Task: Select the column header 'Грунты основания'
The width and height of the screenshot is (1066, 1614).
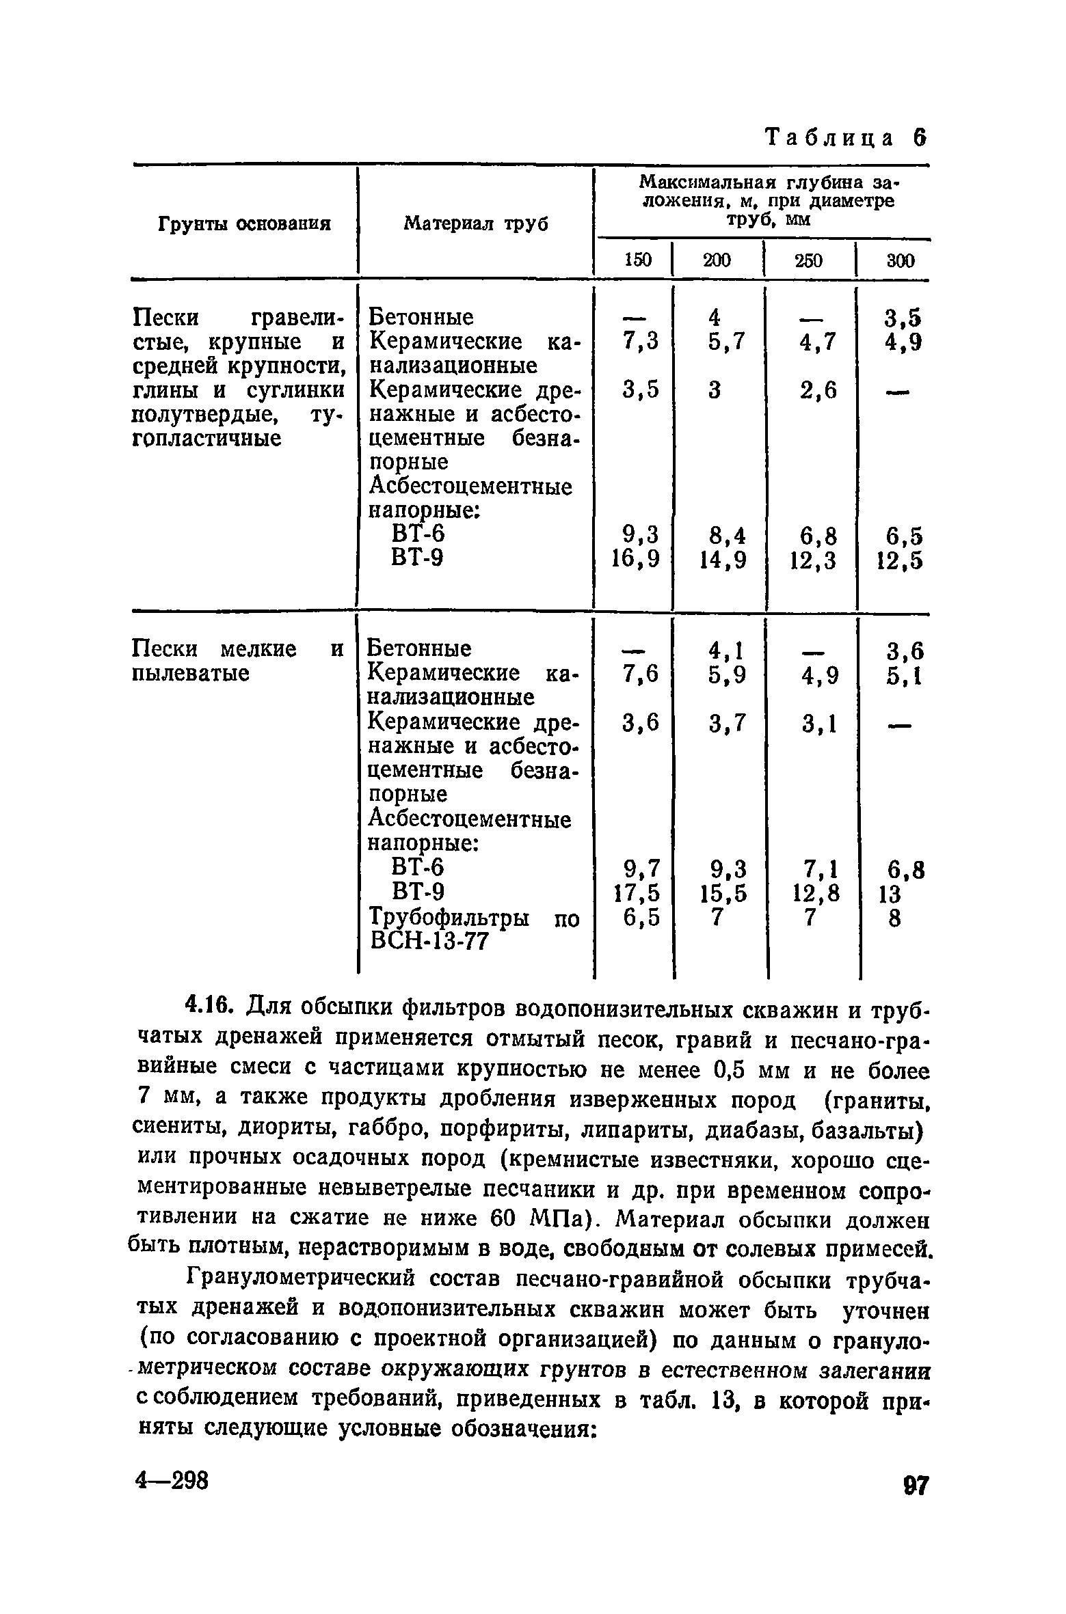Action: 245,224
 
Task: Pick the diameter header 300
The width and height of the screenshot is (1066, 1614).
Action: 899,260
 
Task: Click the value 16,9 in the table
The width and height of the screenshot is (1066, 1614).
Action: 636,560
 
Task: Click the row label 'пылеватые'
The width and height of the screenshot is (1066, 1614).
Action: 190,674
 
